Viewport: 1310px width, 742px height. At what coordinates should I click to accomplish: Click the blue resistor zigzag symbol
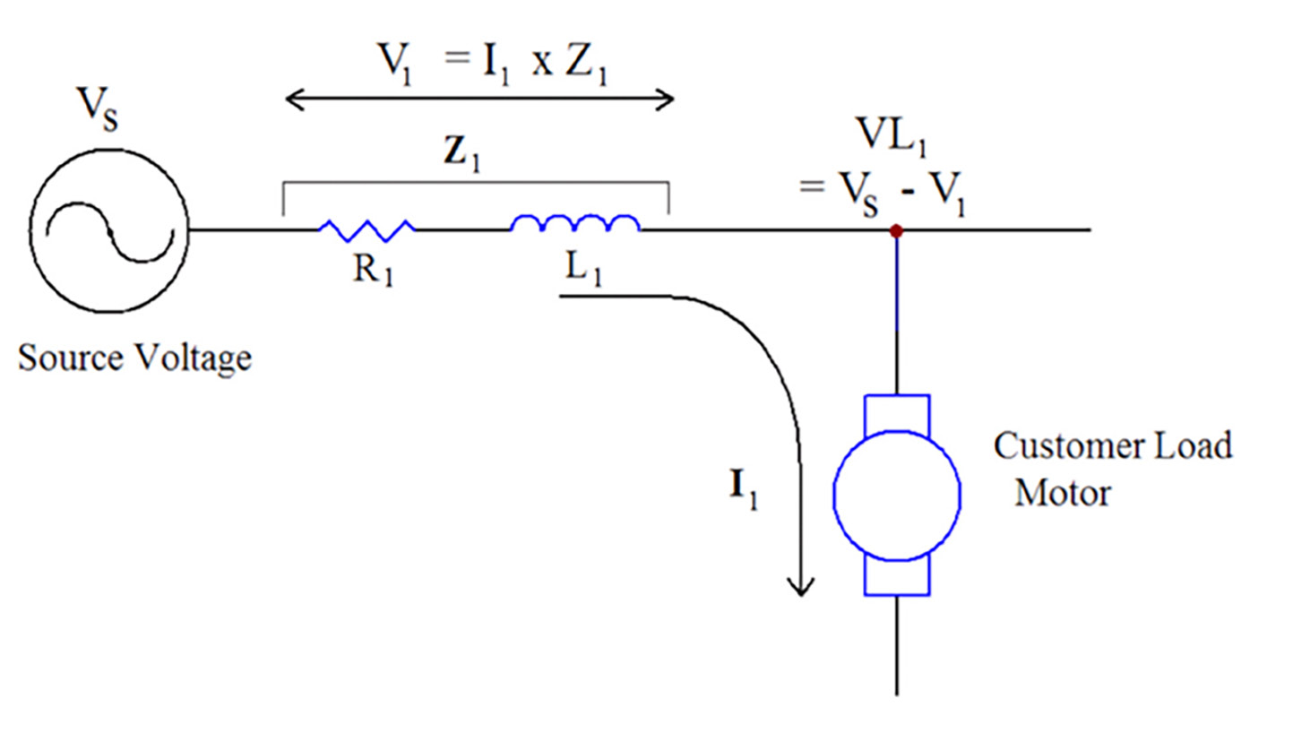(x=366, y=230)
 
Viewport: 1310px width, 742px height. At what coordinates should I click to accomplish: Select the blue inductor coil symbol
(x=575, y=224)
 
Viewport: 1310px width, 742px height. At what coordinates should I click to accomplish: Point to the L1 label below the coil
(x=583, y=268)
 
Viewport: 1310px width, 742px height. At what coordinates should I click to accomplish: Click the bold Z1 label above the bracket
(x=462, y=153)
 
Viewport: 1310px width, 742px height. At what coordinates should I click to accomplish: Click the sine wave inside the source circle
(x=109, y=232)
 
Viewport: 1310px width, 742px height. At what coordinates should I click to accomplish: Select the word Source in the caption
(x=71, y=358)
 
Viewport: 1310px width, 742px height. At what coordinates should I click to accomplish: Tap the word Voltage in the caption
(x=193, y=359)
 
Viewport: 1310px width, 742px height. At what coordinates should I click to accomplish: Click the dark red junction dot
(x=895, y=231)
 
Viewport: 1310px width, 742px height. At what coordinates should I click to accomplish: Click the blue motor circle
(x=896, y=496)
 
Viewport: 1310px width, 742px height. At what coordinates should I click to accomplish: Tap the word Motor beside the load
(x=1063, y=493)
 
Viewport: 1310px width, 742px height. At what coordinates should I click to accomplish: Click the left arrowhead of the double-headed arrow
(x=293, y=99)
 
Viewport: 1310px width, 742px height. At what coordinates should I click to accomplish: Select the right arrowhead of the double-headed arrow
(x=666, y=99)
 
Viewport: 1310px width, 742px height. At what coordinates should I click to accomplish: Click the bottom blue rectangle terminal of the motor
(x=896, y=578)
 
